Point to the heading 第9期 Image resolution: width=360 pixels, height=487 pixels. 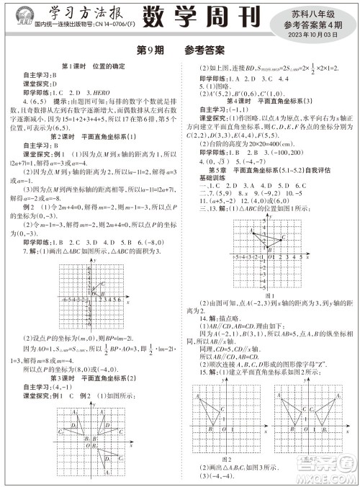tap(150, 51)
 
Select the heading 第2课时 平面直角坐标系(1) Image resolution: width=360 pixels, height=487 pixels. tap(91, 137)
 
